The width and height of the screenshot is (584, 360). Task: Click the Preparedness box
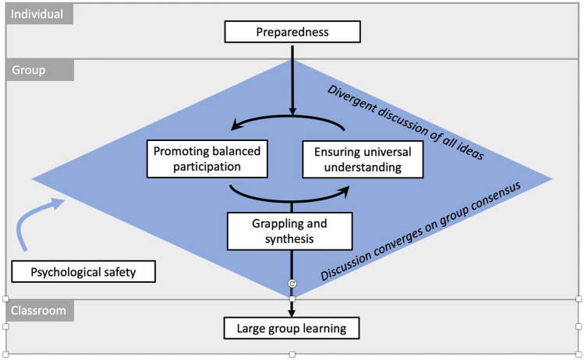coord(292,32)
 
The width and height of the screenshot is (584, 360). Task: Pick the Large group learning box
coord(292,328)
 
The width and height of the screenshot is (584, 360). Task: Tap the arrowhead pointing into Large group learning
coord(292,313)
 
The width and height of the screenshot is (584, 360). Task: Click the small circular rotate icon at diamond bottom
coord(292,284)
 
